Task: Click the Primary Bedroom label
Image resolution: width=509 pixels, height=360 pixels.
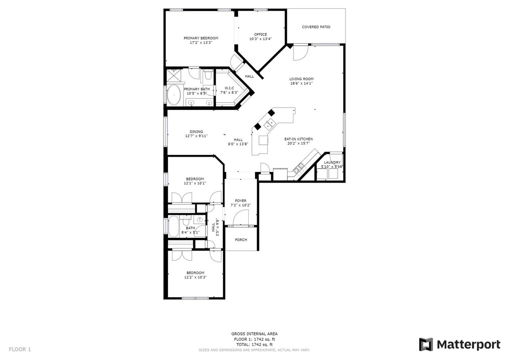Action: click(x=201, y=38)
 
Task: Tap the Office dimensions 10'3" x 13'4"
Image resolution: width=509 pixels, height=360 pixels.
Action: click(x=260, y=39)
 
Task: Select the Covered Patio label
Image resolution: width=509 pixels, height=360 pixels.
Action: click(x=316, y=27)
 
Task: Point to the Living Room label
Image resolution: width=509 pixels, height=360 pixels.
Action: click(x=301, y=79)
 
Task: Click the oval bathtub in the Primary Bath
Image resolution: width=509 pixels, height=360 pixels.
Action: click(x=174, y=95)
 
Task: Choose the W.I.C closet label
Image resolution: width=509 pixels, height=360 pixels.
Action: click(x=229, y=88)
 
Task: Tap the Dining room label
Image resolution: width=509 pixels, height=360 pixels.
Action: click(x=196, y=132)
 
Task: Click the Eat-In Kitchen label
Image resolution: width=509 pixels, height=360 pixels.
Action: click(x=298, y=139)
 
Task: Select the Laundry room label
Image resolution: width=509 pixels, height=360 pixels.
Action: click(x=332, y=162)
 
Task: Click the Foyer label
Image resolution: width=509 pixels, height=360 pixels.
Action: click(x=241, y=201)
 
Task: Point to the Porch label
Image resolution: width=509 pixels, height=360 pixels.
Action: click(x=241, y=240)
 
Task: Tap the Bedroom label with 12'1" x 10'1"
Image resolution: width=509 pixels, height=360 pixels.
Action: click(x=195, y=179)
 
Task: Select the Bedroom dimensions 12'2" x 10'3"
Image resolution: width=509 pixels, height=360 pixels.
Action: click(x=195, y=277)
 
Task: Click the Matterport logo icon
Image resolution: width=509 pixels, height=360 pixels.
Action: click(x=426, y=344)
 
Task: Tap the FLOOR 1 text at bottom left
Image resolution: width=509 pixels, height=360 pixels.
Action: click(x=20, y=349)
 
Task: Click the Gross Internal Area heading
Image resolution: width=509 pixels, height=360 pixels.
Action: click(x=254, y=334)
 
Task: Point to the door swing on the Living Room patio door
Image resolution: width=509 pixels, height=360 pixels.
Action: click(x=300, y=53)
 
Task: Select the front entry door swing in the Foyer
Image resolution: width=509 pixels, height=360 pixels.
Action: click(x=241, y=218)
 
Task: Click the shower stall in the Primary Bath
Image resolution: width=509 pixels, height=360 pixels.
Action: click(x=174, y=76)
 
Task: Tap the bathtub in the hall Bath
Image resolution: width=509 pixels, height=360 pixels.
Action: click(x=174, y=227)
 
